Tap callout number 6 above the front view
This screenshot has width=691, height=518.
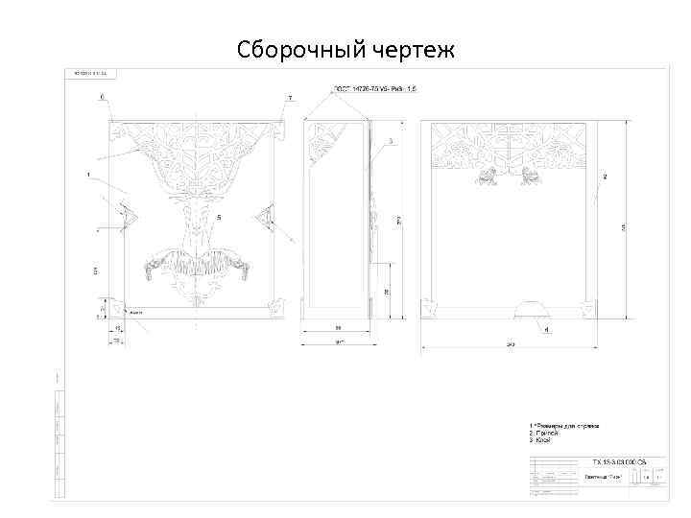point(103,97)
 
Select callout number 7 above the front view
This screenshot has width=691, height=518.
point(289,98)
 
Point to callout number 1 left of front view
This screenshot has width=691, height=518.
point(87,175)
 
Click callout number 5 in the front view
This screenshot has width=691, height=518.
point(218,218)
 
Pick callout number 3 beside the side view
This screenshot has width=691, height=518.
point(392,141)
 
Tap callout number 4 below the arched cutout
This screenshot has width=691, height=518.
point(547,330)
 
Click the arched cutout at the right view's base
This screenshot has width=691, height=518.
point(531,308)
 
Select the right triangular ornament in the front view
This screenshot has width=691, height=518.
point(266,218)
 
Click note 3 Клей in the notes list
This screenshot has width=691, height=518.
point(543,440)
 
